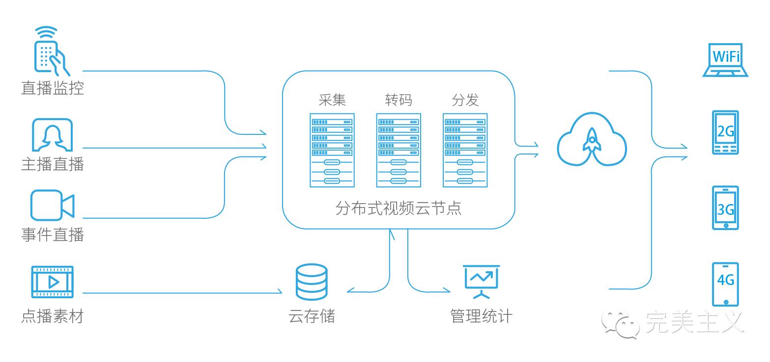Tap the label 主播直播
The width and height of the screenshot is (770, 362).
pyautogui.click(x=53, y=164)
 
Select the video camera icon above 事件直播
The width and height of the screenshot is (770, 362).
pyautogui.click(x=52, y=205)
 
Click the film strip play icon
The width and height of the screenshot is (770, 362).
pyautogui.click(x=52, y=282)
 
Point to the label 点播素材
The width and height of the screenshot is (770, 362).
pyautogui.click(x=53, y=316)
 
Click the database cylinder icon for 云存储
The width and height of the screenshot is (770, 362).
pyautogui.click(x=312, y=282)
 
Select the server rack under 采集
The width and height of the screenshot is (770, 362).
pyautogui.click(x=332, y=150)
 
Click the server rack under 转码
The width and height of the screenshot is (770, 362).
pyautogui.click(x=399, y=150)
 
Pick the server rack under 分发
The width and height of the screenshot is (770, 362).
pyautogui.click(x=465, y=150)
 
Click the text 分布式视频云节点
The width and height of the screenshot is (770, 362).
pyautogui.click(x=399, y=208)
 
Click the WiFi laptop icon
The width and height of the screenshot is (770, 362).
pyautogui.click(x=725, y=60)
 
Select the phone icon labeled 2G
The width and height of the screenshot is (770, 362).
pyautogui.click(x=725, y=132)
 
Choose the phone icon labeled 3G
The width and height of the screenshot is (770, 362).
pyautogui.click(x=725, y=208)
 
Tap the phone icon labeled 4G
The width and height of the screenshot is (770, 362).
pyautogui.click(x=725, y=284)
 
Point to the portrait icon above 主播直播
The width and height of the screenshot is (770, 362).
pyautogui.click(x=52, y=135)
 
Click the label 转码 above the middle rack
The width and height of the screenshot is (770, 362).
pyautogui.click(x=399, y=100)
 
